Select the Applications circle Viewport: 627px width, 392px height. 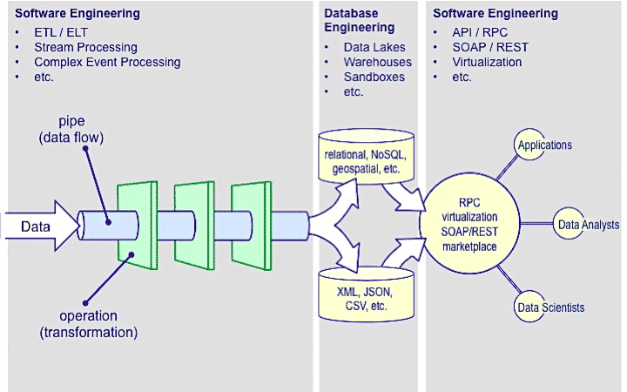[544, 145]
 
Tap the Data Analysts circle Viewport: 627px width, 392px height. [588, 225]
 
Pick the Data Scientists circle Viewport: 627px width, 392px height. [551, 307]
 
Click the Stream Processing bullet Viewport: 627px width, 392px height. [85, 48]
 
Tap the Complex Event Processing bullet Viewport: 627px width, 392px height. [107, 63]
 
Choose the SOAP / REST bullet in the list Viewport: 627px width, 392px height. [490, 48]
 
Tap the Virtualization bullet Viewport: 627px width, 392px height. [488, 63]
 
